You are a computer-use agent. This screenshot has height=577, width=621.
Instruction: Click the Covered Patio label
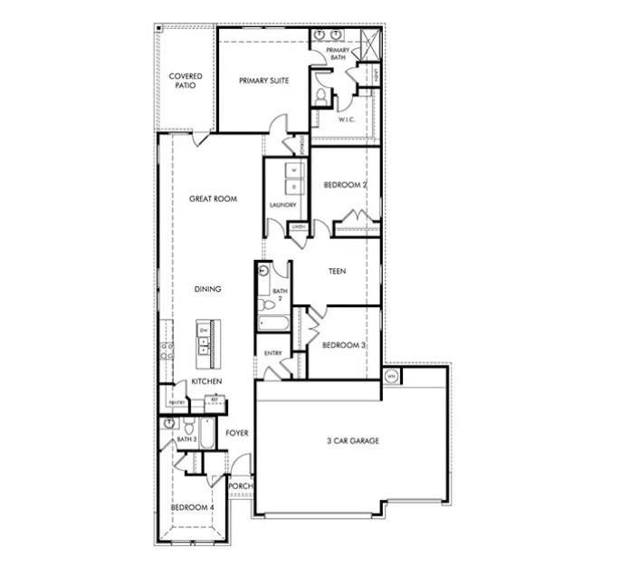(186, 81)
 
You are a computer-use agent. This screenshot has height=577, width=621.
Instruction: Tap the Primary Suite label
(263, 81)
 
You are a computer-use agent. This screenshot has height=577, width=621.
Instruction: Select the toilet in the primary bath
(320, 95)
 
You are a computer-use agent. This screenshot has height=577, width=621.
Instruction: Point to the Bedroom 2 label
(345, 185)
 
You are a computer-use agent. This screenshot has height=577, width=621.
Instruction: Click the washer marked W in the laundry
(293, 170)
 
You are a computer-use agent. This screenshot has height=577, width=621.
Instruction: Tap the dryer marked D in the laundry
(293, 188)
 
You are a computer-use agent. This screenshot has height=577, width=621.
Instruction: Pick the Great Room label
(213, 198)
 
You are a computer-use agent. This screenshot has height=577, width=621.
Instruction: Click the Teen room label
(338, 269)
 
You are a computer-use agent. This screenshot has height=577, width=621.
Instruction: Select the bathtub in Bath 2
(272, 323)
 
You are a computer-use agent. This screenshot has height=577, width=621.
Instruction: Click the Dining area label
(207, 289)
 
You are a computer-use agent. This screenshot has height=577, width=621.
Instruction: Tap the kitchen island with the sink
(205, 342)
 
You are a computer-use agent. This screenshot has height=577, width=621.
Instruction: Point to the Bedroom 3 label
(344, 344)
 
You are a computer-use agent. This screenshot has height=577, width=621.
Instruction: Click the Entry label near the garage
(272, 353)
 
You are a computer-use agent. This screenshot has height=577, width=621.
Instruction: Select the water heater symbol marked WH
(392, 375)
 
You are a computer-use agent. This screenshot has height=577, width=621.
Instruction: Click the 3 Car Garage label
(352, 441)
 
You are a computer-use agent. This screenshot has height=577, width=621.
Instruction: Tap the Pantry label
(177, 402)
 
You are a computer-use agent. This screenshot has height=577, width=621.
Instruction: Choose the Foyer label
(237, 433)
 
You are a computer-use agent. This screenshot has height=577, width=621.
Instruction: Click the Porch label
(240, 486)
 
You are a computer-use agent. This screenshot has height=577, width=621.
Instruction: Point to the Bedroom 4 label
(192, 507)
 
